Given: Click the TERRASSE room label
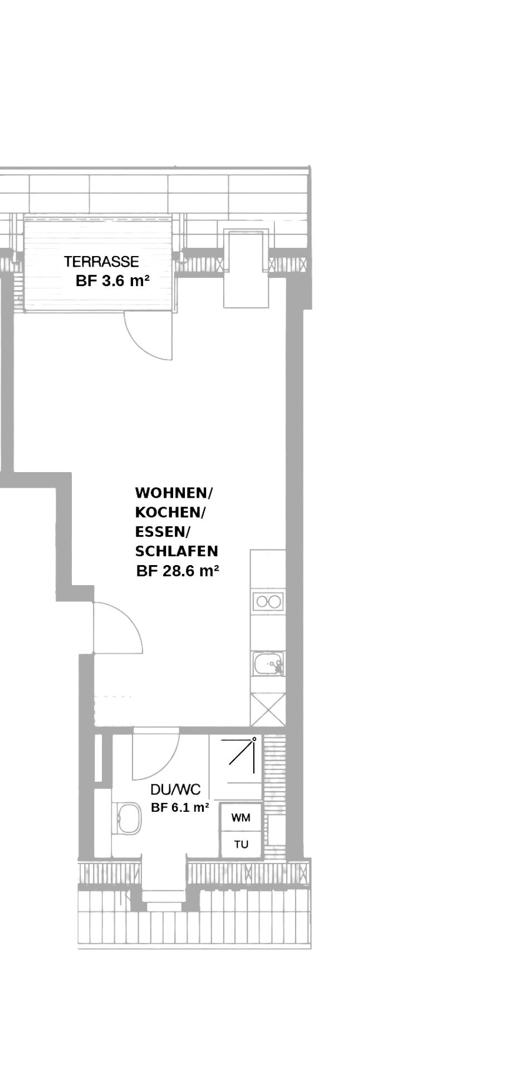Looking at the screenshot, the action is tap(101, 261).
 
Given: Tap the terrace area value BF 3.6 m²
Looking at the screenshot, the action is tap(112, 281).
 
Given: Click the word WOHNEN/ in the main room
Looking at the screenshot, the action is tap(174, 493).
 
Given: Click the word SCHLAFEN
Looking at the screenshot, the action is tap(176, 551).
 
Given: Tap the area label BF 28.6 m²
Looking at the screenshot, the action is tap(177, 571).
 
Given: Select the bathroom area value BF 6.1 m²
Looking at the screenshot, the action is tap(180, 807).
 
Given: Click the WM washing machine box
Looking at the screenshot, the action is tap(241, 818).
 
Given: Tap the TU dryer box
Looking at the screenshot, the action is tap(241, 845).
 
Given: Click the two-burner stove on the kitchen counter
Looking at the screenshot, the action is tap(268, 602).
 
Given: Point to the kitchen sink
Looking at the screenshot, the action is tap(269, 664).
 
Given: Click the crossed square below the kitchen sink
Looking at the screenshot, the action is tap(268, 709).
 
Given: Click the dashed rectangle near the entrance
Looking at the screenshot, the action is tap(113, 710).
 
